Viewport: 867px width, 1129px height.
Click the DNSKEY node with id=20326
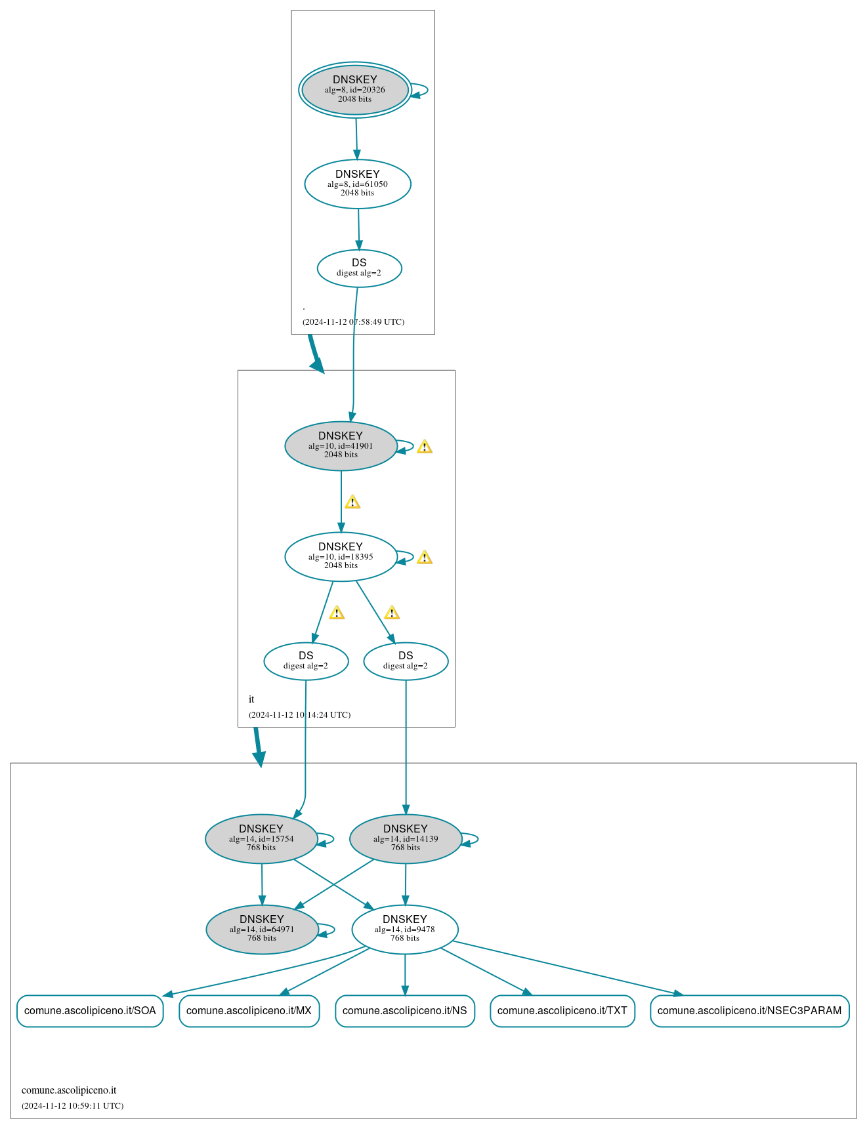coord(355,90)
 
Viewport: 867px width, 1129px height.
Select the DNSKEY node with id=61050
coord(358,184)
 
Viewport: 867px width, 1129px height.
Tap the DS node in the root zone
coord(359,268)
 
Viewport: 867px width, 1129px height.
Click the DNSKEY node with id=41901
coord(341,446)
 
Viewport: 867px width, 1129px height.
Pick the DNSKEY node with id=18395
coord(341,557)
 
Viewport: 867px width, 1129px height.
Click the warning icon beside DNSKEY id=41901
coord(425,447)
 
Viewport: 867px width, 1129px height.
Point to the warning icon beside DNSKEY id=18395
coord(425,558)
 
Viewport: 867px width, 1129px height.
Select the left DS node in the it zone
coord(306,661)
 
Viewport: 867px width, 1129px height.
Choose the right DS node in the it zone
coord(406,661)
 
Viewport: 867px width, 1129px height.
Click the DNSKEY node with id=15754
coord(261,839)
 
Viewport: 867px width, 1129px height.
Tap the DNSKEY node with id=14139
coord(406,839)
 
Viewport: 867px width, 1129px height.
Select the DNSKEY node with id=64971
coord(262,930)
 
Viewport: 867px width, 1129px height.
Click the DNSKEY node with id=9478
coord(405,930)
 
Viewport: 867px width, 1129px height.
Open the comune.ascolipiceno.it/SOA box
coord(90,1011)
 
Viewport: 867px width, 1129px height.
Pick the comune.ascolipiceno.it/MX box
coord(249,1011)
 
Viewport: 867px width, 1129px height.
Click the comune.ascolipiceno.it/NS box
coord(405,1011)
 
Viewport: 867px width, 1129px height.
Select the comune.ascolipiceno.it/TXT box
coord(562,1011)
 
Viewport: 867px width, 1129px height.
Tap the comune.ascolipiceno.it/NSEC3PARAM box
coord(750,1011)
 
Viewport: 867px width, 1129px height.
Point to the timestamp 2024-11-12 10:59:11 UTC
coord(72,1106)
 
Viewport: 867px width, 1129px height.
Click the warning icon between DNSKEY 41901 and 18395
coord(352,503)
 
